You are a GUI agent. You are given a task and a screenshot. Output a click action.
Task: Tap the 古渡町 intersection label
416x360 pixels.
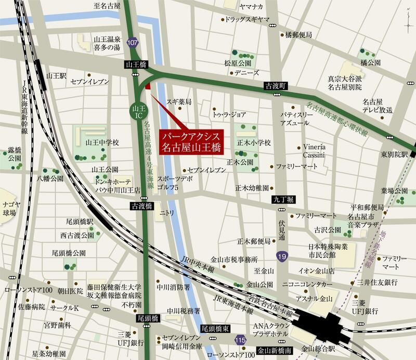273,85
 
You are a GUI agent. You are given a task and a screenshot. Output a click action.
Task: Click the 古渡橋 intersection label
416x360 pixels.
141,207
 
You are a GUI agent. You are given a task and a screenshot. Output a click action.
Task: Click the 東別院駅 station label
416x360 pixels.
394,155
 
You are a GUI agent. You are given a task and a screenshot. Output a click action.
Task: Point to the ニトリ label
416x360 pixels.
166,213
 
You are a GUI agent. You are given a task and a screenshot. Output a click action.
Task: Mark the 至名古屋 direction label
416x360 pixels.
107,7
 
